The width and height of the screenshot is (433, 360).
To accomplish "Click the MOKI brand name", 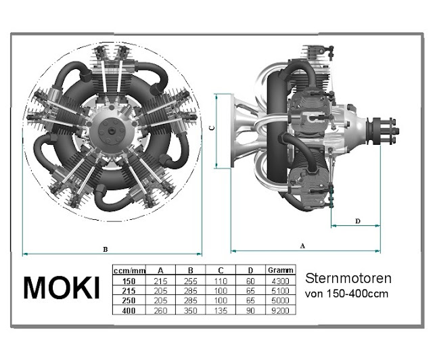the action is tap(62, 288).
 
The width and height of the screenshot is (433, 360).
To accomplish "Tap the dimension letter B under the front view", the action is tap(106, 250).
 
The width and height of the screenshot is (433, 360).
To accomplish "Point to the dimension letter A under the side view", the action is tap(302, 246).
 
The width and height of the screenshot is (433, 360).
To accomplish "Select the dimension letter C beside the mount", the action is tap(212, 128).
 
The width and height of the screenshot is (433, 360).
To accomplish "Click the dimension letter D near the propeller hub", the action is tap(358, 221).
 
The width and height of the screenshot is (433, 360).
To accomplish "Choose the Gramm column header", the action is tap(280, 270).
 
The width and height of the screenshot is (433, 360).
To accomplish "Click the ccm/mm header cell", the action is tap(129, 271).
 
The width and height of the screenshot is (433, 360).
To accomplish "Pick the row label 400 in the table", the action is tap(129, 311).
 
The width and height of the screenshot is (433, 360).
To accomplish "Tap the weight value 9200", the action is tap(280, 311).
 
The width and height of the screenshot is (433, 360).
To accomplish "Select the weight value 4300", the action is tap(280, 281).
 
